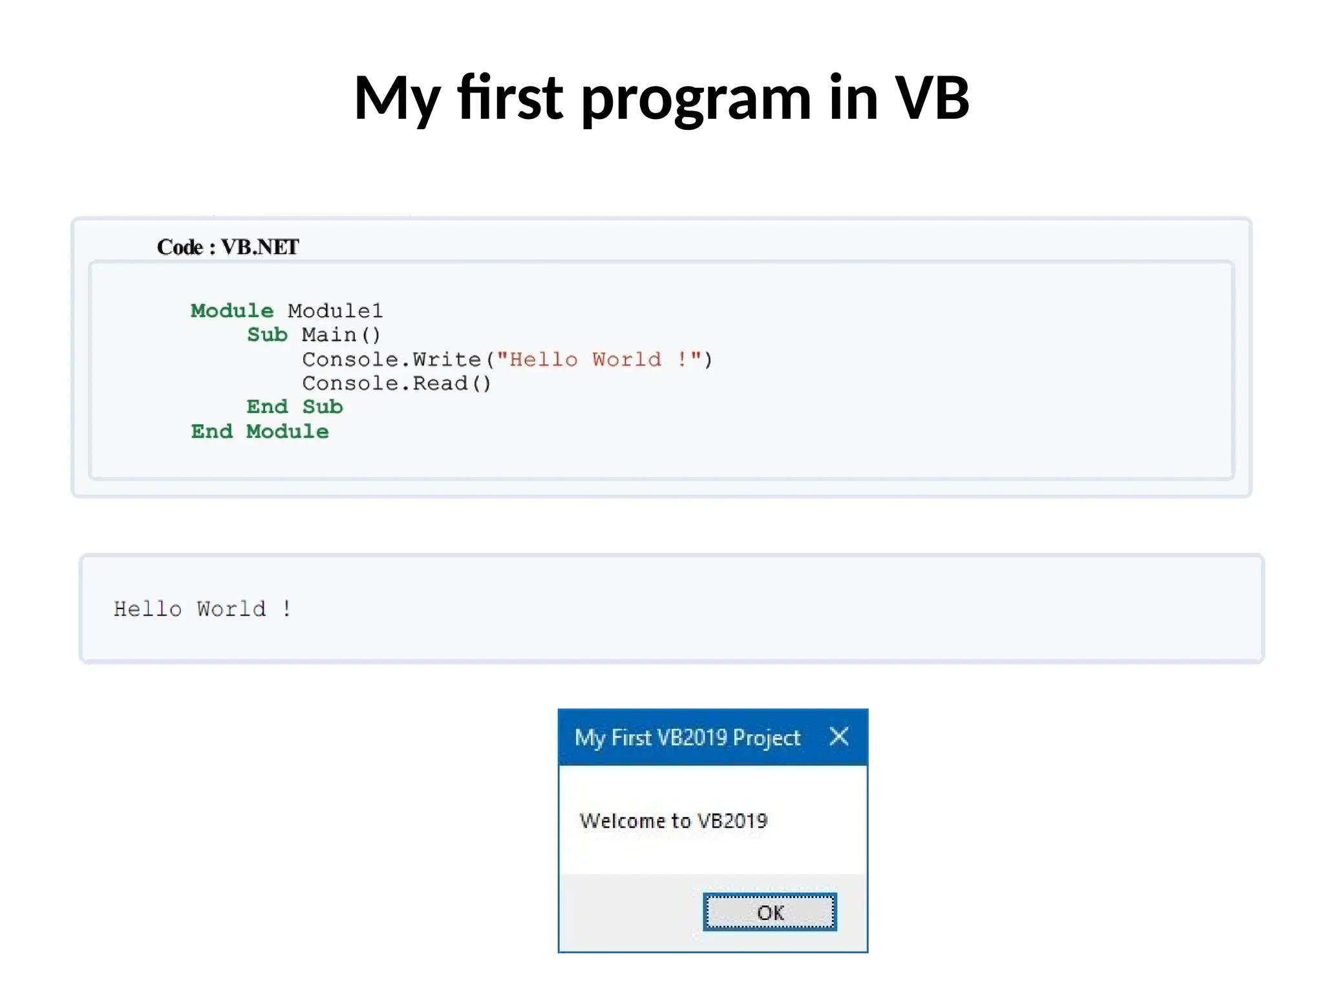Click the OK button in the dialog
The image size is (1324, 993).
pyautogui.click(x=769, y=912)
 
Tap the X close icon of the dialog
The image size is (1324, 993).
pyautogui.click(x=838, y=736)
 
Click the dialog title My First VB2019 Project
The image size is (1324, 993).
pyautogui.click(x=687, y=738)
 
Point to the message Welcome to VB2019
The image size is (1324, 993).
pyautogui.click(x=673, y=821)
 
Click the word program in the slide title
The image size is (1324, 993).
pyautogui.click(x=696, y=98)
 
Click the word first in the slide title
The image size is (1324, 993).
pyautogui.click(x=510, y=98)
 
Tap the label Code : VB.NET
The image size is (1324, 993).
pyautogui.click(x=228, y=247)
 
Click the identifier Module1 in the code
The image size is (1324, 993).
pyautogui.click(x=335, y=311)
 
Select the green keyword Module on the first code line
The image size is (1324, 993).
pyautogui.click(x=231, y=311)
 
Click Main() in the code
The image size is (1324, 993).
pyautogui.click(x=341, y=335)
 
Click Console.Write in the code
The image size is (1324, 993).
pyautogui.click(x=392, y=359)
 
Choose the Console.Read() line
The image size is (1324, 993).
pyautogui.click(x=396, y=383)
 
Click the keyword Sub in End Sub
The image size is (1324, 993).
pyautogui.click(x=323, y=407)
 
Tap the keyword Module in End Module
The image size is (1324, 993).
pyautogui.click(x=287, y=431)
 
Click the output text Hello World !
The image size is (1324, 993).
pyautogui.click(x=202, y=609)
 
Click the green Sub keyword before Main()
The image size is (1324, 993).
pyautogui.click(x=267, y=335)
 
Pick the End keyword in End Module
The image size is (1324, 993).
pyautogui.click(x=211, y=431)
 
